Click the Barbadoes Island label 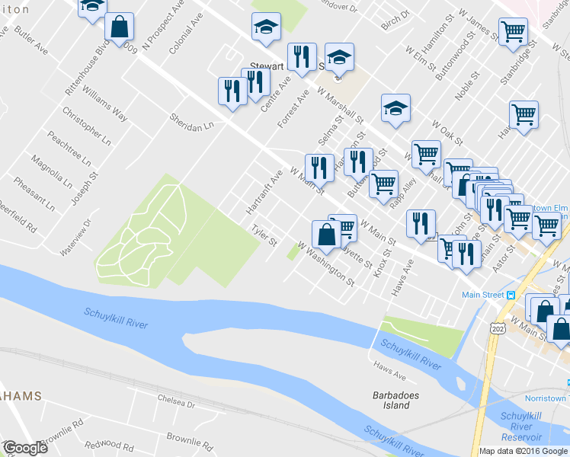tap(392, 401)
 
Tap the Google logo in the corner tap(24, 448)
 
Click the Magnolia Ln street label tap(52, 174)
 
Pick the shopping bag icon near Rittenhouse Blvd tap(120, 27)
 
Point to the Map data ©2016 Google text tap(524, 451)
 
